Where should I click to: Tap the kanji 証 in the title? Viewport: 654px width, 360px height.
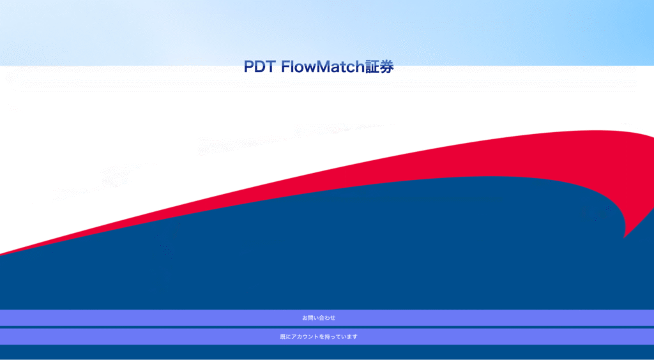pos(372,67)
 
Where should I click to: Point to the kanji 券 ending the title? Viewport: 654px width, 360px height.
pos(386,67)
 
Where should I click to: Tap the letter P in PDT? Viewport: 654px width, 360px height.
pos(249,67)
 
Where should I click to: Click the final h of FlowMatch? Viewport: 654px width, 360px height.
pos(359,67)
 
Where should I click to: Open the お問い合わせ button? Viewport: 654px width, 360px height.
pos(327,317)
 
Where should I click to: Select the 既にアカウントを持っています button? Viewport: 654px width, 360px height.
pos(327,336)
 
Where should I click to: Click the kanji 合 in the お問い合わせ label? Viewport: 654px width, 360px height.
pos(323,317)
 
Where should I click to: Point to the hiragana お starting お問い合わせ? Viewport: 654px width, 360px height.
pos(305,317)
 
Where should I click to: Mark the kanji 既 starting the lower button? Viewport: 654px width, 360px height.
pos(282,336)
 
